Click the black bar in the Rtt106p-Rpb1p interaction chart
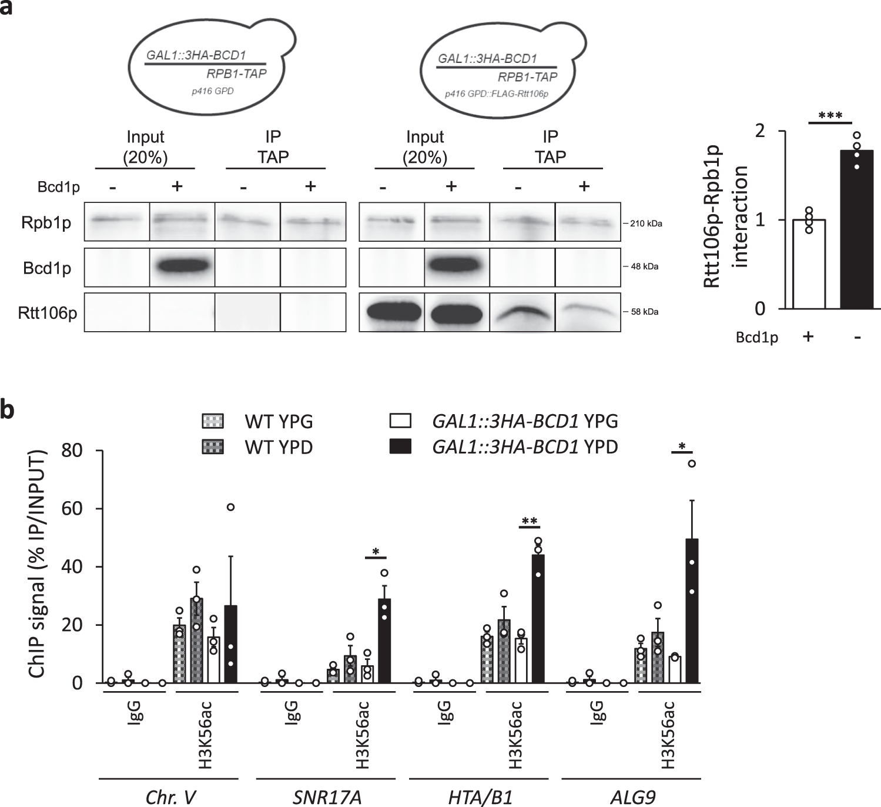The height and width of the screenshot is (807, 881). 856,229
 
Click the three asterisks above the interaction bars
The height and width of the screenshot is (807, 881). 830,116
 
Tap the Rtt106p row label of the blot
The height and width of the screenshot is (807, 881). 47,313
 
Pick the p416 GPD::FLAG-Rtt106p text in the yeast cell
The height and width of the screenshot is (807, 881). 497,94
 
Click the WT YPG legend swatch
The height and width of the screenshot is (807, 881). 212,421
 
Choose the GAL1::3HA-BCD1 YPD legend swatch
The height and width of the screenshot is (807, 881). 400,447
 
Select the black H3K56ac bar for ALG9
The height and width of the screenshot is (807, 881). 692,612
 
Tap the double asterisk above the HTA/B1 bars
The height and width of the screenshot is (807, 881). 529,522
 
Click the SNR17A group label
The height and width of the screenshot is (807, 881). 327,796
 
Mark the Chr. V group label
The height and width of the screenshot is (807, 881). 170,796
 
